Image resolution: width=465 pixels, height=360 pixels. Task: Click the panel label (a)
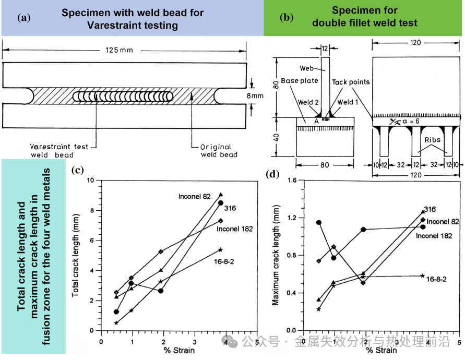click(x=23, y=17)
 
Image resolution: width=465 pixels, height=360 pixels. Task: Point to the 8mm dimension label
click(x=252, y=96)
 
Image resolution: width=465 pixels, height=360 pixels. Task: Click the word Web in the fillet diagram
click(x=307, y=68)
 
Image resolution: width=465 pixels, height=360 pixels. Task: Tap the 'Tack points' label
click(x=351, y=82)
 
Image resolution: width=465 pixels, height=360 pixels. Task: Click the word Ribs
click(x=433, y=140)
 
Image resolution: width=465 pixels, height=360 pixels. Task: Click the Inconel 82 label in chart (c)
click(x=194, y=196)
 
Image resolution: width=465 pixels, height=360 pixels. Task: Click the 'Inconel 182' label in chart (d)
click(x=434, y=236)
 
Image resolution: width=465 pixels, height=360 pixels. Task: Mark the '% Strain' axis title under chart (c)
click(x=178, y=350)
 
